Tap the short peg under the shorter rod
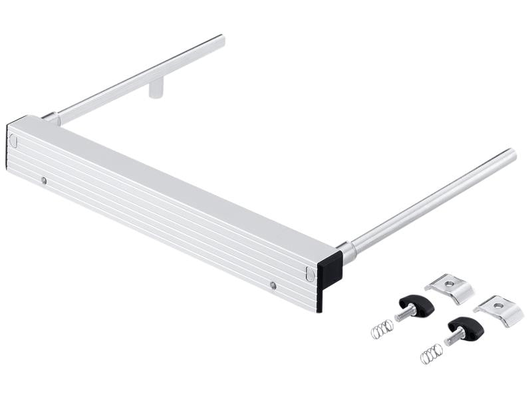pyautogui.click(x=156, y=88)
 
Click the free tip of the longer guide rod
pyautogui.click(x=511, y=154)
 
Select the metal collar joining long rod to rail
pyautogui.click(x=347, y=251)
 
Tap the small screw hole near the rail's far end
pyautogui.click(x=44, y=180)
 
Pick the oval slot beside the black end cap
pyautogui.click(x=310, y=273)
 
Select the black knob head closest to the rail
pyautogui.click(x=420, y=305)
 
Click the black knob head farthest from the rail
pyautogui.click(x=464, y=328)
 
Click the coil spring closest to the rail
pyautogui.click(x=382, y=329)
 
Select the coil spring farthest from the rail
pyautogui.click(x=431, y=353)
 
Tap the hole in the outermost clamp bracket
pyautogui.click(x=499, y=305)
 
